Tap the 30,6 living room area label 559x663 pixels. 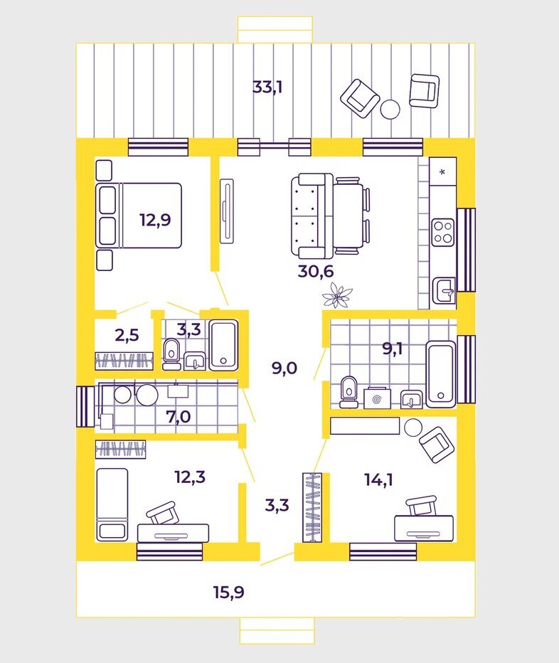[316, 270]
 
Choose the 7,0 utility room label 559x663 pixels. [178, 416]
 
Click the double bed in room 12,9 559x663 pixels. [139, 216]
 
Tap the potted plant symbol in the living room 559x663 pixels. [342, 296]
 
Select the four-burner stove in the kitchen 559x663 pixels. [444, 231]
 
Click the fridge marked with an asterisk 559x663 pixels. [442, 172]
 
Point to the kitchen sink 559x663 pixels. [445, 290]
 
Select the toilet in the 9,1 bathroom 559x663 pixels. [348, 392]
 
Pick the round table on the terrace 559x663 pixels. [390, 109]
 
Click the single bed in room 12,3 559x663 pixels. [112, 503]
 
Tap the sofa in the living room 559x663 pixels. [312, 216]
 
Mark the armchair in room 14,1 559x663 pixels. [435, 444]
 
